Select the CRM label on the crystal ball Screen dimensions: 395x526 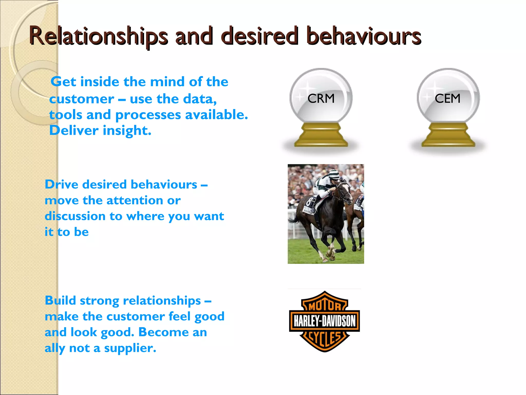click(321, 98)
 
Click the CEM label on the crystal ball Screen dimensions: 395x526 click(447, 98)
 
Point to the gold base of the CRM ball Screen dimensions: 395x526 click(321, 135)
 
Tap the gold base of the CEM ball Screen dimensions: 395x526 click(448, 135)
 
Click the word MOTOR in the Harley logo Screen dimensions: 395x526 click(325, 306)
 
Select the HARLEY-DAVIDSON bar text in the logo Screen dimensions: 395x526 click(325, 321)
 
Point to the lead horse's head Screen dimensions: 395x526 click(345, 192)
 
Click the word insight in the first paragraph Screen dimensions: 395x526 click(127, 131)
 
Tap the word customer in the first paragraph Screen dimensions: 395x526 click(82, 99)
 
